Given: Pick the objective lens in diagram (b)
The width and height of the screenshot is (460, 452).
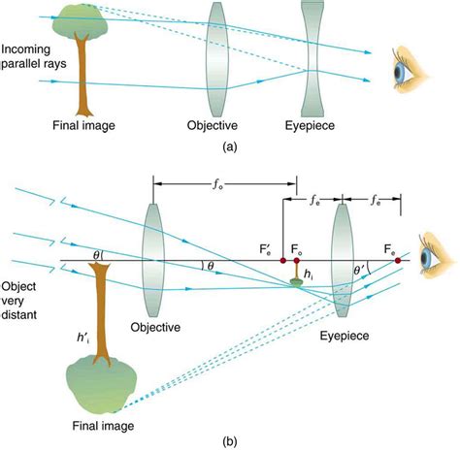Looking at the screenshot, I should [x=151, y=258].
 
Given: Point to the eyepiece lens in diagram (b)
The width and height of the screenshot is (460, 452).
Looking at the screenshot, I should [x=341, y=260].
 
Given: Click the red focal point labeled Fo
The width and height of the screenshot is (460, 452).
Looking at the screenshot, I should [x=299, y=260].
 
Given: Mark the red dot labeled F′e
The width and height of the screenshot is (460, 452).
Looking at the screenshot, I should [x=282, y=260].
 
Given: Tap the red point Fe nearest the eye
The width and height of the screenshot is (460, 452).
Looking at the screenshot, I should [x=398, y=260].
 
